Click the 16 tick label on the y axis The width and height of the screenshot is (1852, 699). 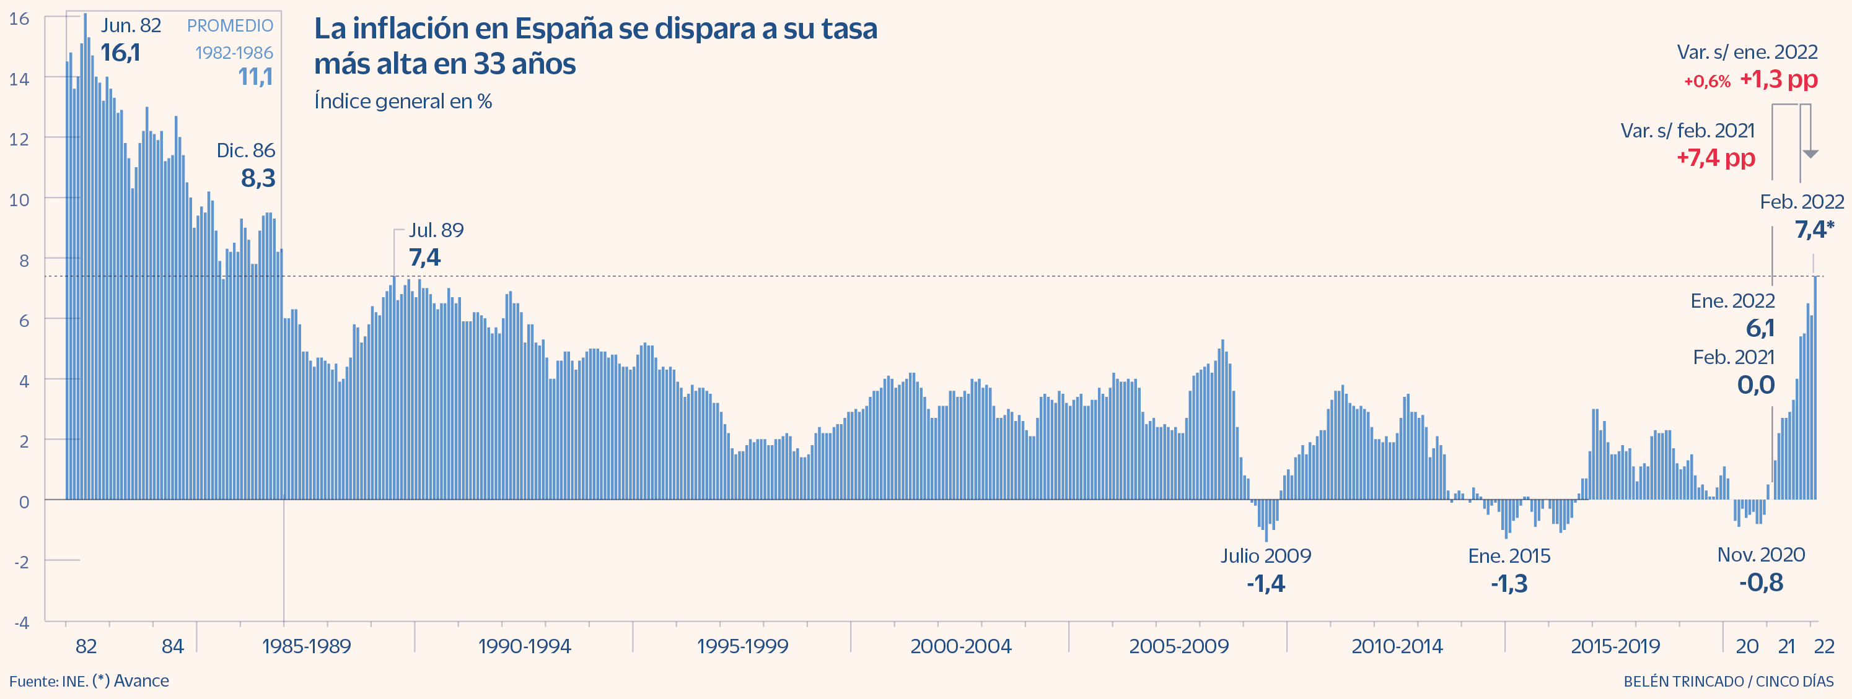19,19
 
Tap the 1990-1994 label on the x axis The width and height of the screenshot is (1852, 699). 524,646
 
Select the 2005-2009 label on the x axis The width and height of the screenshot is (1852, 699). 1178,646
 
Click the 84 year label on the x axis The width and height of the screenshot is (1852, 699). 172,646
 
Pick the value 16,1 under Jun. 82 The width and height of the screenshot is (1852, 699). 120,53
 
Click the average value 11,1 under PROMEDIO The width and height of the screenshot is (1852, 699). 255,76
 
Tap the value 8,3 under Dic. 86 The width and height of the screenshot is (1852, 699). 258,178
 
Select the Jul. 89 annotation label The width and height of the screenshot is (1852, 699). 436,230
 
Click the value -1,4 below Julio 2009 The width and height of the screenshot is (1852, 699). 1265,583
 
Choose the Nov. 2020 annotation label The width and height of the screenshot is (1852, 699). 1761,555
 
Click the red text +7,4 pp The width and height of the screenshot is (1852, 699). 1716,157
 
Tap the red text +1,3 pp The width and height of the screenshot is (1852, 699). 1779,79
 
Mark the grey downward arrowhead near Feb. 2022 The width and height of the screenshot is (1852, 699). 1810,154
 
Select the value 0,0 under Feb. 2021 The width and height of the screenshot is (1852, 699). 1756,385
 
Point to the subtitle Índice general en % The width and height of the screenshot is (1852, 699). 403,102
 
